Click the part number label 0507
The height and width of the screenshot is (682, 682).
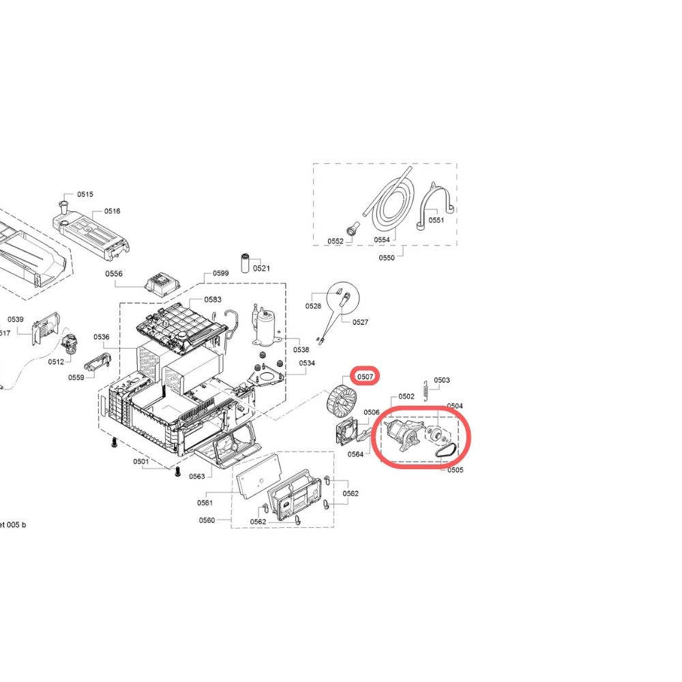365,376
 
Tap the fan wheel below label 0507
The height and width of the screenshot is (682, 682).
341,400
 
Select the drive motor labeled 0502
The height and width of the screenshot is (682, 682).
402,434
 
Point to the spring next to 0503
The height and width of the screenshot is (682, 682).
426,391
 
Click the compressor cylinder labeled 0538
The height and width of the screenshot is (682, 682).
266,326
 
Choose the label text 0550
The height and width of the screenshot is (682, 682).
386,258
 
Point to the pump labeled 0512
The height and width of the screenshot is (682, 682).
69,344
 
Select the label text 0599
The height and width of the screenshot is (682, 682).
220,273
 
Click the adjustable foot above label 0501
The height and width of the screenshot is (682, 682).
115,443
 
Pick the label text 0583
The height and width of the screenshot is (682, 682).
213,299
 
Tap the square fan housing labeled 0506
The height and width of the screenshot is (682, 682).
346,431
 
